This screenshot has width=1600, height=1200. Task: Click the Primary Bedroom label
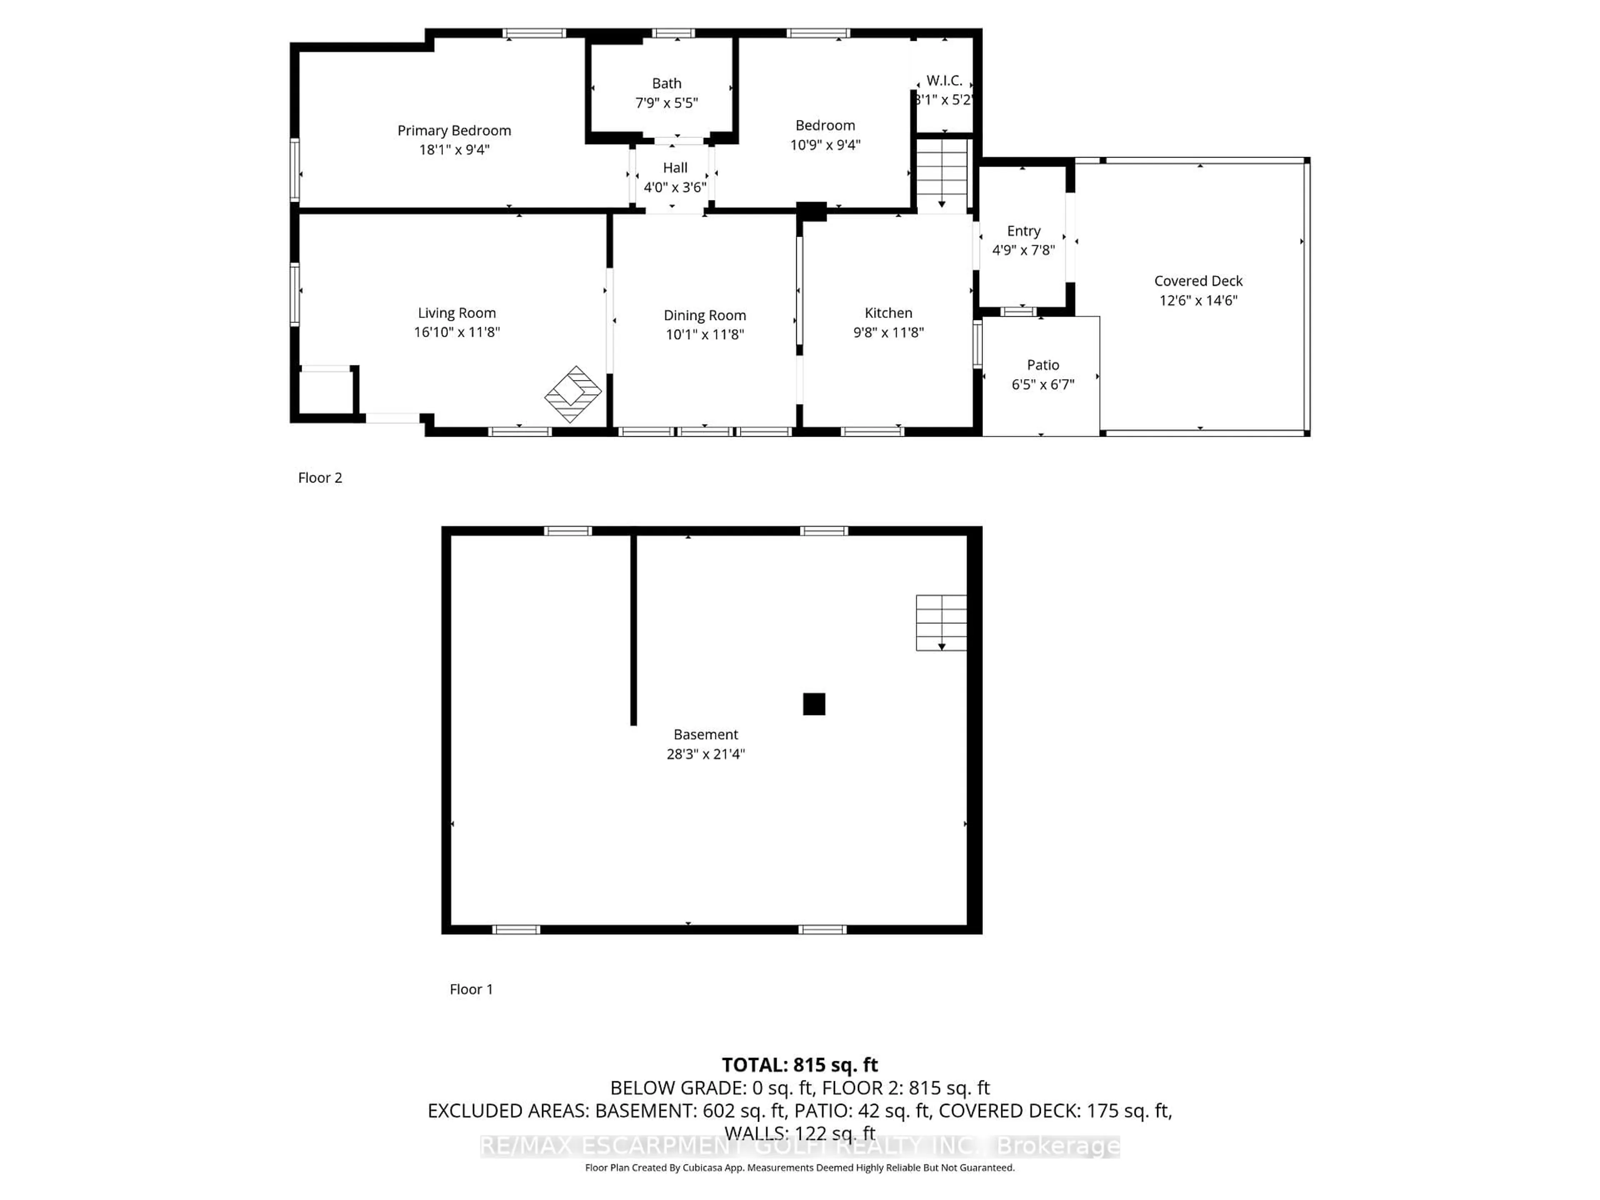click(454, 130)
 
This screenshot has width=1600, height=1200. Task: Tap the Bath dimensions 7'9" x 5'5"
click(666, 103)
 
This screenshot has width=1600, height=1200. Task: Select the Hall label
click(675, 168)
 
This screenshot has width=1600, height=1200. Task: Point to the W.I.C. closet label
click(944, 80)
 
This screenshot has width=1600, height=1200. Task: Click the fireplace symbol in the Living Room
click(573, 394)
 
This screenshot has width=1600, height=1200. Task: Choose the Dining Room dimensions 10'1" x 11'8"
click(705, 334)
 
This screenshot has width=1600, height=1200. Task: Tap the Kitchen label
click(888, 312)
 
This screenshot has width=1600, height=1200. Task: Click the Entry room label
click(1023, 231)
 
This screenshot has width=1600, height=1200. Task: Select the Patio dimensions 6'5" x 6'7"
click(1042, 384)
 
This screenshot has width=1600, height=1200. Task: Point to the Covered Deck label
click(1198, 281)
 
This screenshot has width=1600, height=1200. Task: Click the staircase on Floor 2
click(942, 174)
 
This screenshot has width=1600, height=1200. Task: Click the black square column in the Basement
click(814, 704)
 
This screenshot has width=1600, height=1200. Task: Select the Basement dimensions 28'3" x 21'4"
click(705, 754)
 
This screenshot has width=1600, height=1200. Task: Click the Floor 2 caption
click(320, 477)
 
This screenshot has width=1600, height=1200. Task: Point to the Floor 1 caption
click(471, 989)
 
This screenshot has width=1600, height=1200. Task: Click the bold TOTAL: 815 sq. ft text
click(799, 1065)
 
